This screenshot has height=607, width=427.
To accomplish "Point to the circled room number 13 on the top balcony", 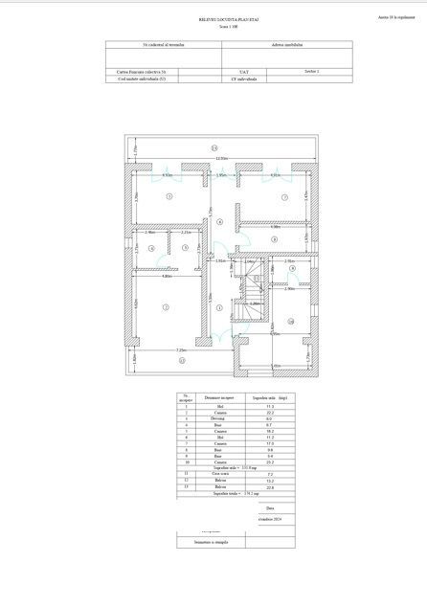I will click(214, 147).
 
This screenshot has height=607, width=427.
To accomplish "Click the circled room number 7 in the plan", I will click(284, 197).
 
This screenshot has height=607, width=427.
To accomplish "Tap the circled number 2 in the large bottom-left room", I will click(165, 306).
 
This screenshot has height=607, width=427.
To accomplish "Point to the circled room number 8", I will click(274, 238).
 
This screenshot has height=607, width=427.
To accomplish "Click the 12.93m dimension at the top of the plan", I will click(220, 158).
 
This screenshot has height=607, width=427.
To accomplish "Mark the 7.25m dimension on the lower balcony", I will click(180, 351).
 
